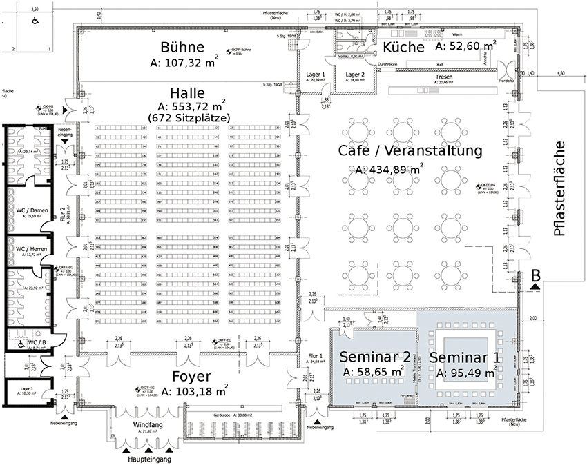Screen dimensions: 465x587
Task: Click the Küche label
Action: [403, 47]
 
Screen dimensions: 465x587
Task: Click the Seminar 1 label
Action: [465, 357]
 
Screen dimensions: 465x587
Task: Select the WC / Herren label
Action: [31, 248]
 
